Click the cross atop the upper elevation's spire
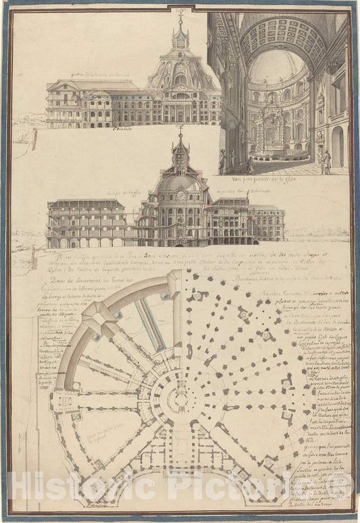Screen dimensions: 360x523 pos(180,13)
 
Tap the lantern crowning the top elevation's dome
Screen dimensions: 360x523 pos(180,37)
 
